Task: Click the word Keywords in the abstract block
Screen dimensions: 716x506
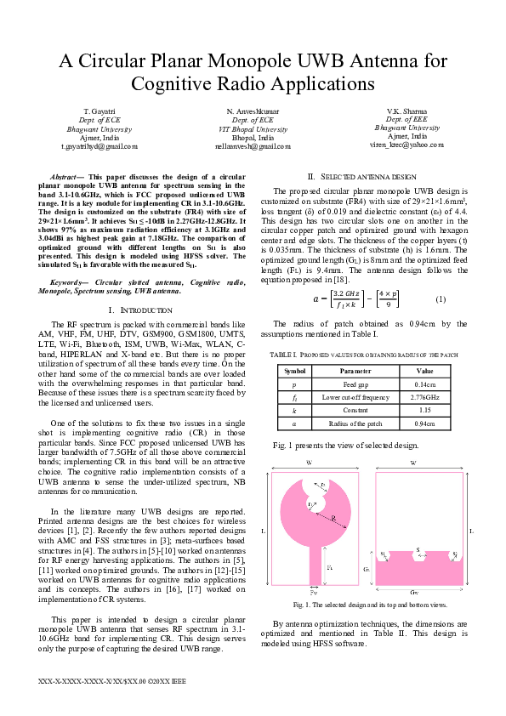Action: (x=71, y=281)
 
